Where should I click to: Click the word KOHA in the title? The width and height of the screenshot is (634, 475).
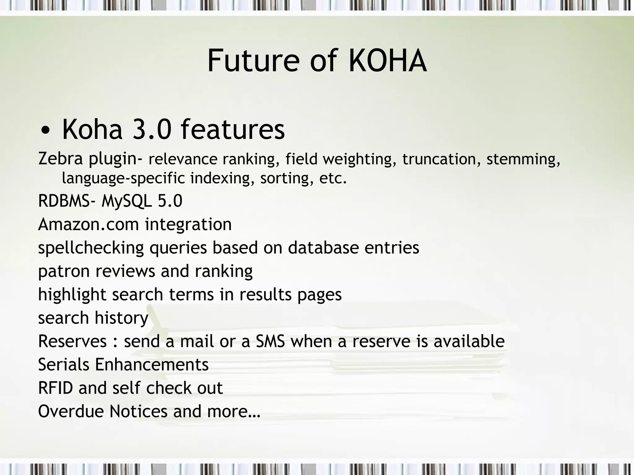[388, 61]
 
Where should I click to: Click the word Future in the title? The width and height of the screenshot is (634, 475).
[253, 61]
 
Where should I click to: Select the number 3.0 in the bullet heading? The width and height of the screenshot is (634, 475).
[152, 130]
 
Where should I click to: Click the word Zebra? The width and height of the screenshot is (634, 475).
[60, 159]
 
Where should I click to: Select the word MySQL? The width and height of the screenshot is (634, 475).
[127, 201]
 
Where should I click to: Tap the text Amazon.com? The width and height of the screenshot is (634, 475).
[88, 224]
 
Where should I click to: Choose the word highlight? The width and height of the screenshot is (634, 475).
[72, 295]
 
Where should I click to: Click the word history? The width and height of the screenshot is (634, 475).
[121, 318]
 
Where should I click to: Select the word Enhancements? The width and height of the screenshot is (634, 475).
[152, 364]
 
